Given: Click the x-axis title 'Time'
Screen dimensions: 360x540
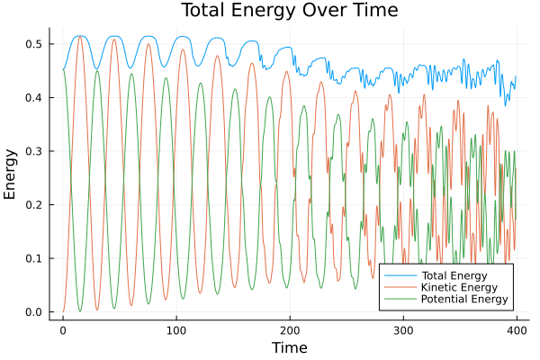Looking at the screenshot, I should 289,347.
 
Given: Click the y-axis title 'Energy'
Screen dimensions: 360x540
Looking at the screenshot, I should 11,177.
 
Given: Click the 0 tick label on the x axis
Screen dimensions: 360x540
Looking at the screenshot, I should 63,329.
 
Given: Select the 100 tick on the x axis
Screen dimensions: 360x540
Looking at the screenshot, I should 176,329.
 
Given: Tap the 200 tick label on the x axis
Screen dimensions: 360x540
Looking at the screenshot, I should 290,329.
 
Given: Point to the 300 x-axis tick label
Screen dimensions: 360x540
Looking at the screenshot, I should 402,329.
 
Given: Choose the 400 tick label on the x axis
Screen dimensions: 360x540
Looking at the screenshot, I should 516,329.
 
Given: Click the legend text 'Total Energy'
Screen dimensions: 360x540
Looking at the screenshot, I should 454,274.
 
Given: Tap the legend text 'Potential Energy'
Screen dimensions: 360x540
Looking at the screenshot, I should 464,299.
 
